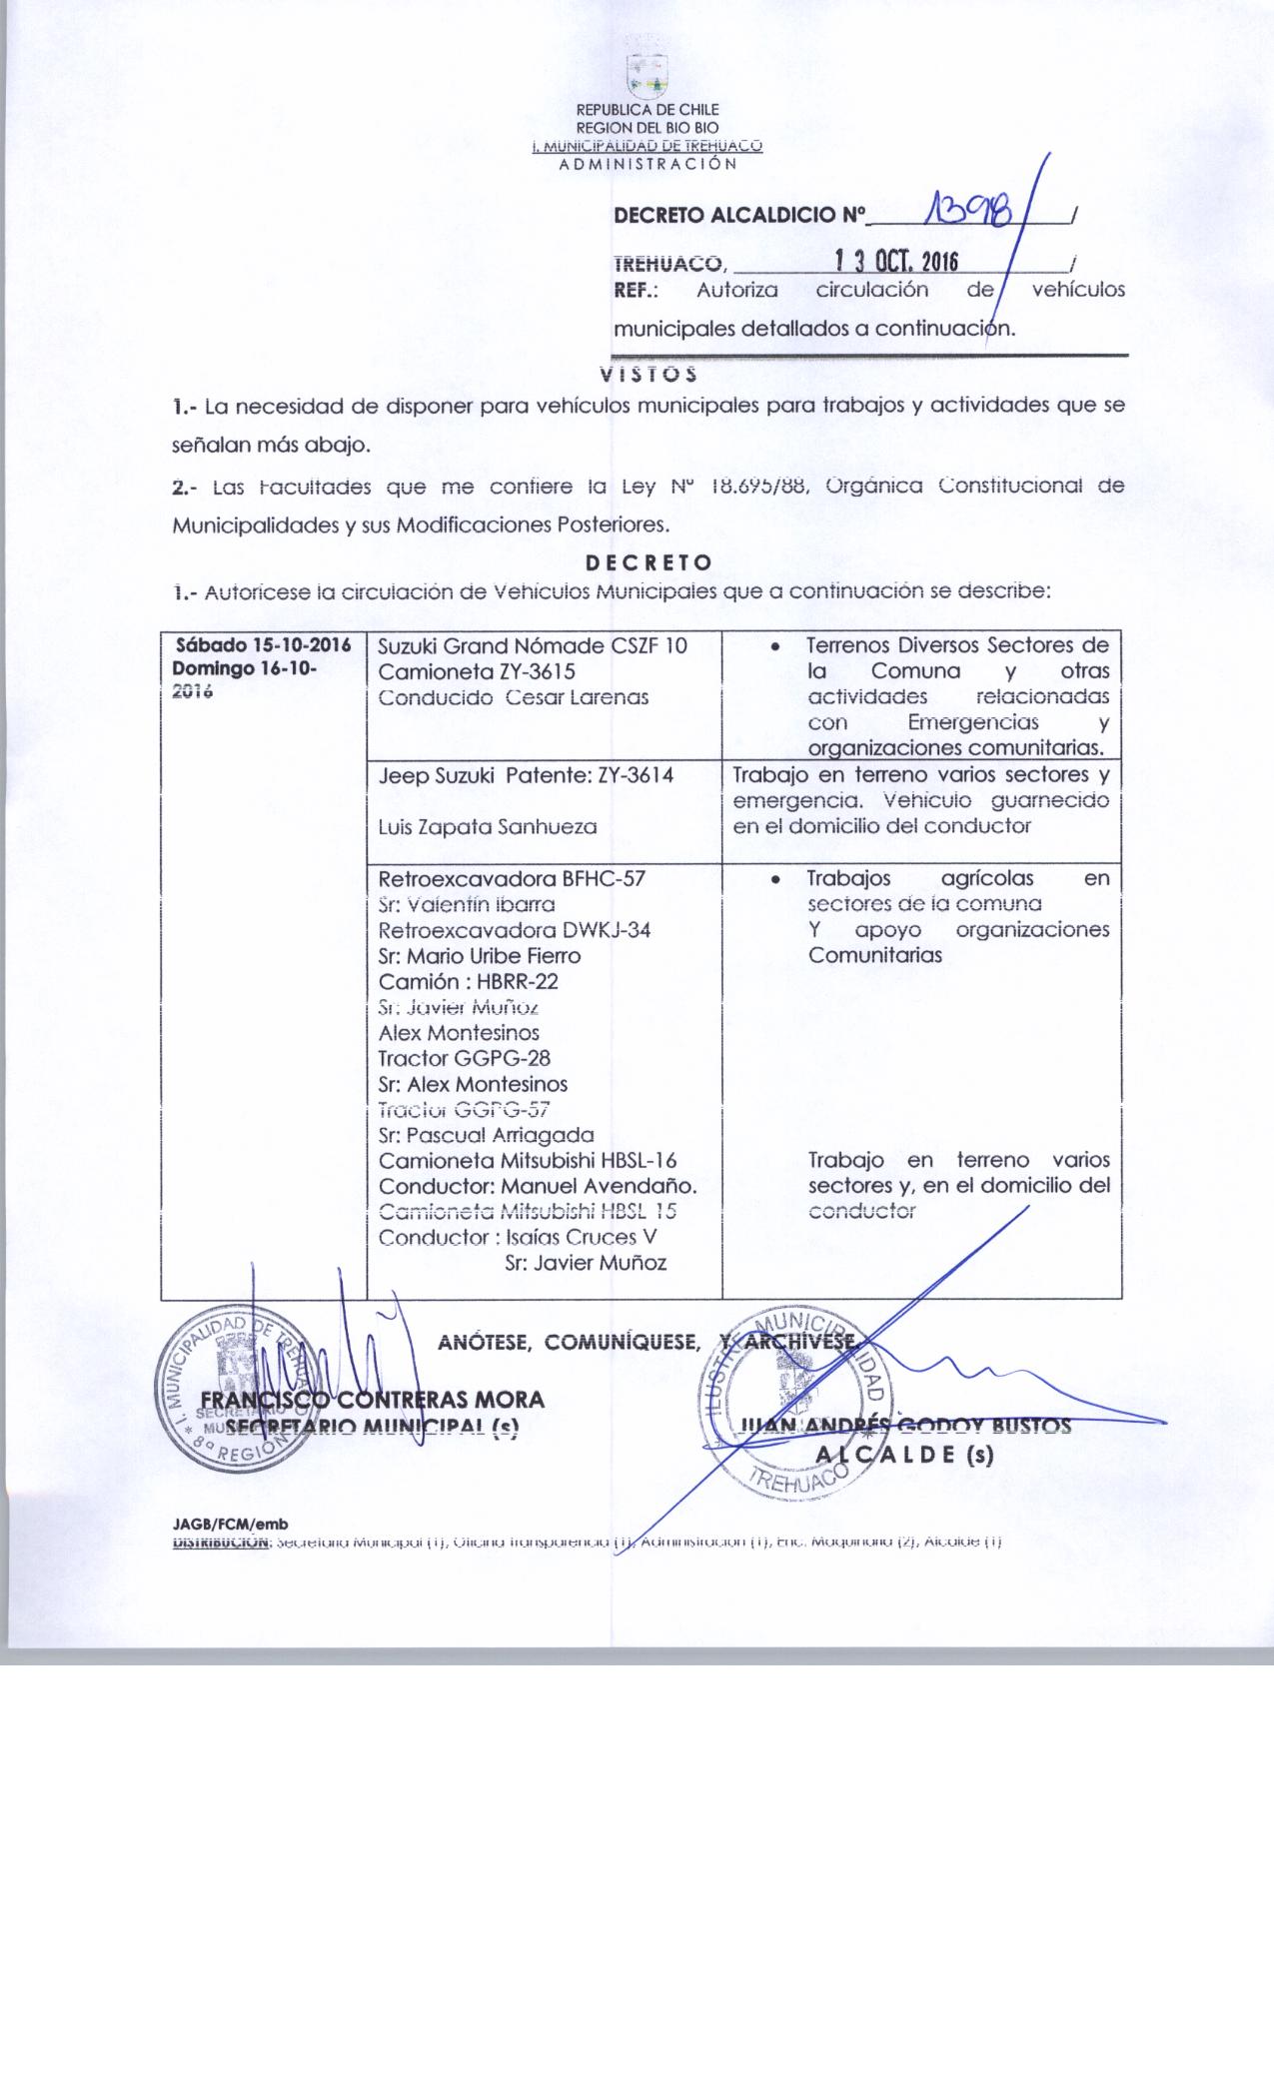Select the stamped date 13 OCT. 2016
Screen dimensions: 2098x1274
tap(896, 263)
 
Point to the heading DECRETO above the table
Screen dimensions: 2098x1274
tap(648, 562)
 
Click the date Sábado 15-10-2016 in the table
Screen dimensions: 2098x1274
tap(263, 645)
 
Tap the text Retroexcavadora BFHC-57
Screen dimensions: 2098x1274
tap(512, 879)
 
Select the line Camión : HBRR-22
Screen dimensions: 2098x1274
tap(468, 981)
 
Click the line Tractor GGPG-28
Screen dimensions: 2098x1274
tap(465, 1058)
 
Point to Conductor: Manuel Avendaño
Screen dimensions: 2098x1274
tap(538, 1187)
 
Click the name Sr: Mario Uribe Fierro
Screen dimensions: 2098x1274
tap(480, 955)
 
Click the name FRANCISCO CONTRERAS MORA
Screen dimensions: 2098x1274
tap(373, 1399)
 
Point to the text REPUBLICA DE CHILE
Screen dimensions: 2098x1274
tap(647, 110)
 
